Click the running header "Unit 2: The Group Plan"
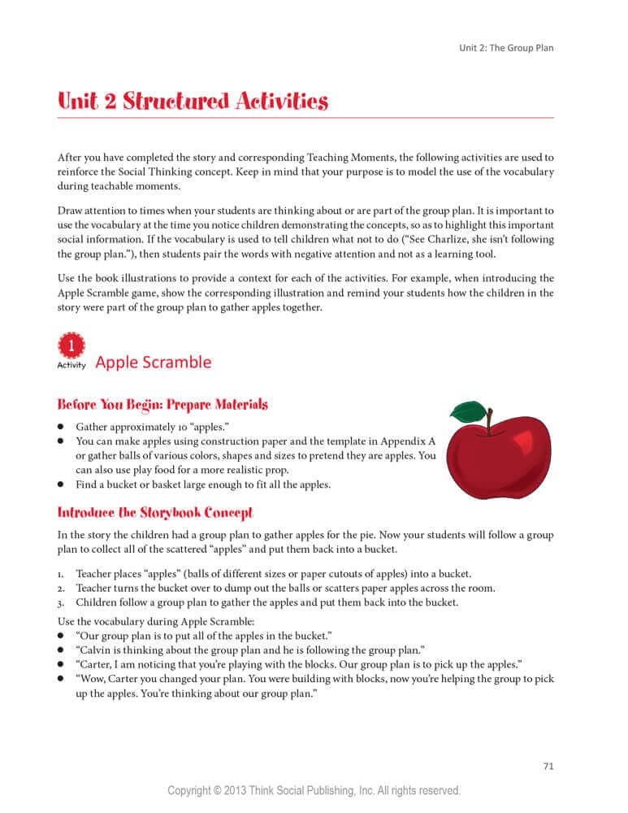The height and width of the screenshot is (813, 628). (x=506, y=48)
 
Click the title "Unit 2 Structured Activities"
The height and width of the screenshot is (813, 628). (x=193, y=102)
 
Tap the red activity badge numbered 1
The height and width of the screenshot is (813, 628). (x=71, y=346)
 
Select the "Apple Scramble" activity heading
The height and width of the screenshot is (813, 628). (x=153, y=363)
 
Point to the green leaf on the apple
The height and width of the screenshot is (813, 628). (x=468, y=411)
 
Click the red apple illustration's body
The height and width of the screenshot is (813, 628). (x=497, y=459)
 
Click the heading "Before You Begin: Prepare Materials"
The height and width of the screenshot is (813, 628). (x=162, y=404)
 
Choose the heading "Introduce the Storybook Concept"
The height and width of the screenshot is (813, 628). (x=155, y=513)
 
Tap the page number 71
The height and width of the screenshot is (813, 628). (x=548, y=766)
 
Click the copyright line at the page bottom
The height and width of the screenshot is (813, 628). (x=314, y=790)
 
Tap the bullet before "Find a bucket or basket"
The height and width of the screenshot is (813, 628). (x=61, y=485)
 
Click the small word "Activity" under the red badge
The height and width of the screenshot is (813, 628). (x=71, y=365)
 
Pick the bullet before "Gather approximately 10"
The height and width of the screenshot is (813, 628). (x=61, y=426)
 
